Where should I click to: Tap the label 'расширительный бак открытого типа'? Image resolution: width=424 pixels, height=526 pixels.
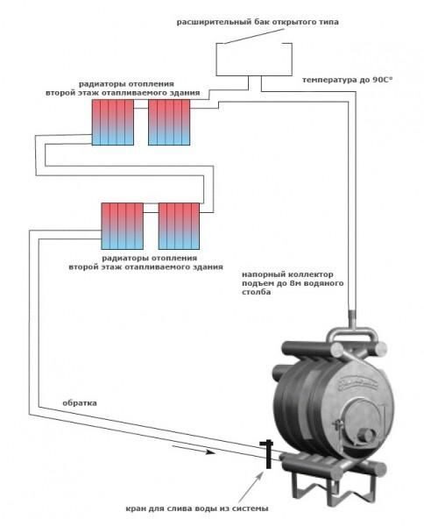point(258,22)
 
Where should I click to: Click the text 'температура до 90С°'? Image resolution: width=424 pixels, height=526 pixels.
point(347,80)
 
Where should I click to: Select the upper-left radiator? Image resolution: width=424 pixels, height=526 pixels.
point(113,122)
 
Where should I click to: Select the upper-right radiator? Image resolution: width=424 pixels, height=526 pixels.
point(169,122)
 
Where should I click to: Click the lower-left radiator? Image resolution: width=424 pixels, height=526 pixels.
point(123,226)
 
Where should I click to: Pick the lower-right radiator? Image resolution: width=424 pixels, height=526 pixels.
point(179,226)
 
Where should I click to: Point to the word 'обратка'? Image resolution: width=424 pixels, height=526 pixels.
point(80,403)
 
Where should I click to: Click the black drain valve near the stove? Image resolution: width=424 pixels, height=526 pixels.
point(268,454)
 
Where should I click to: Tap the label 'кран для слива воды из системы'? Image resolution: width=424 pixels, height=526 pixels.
point(197,508)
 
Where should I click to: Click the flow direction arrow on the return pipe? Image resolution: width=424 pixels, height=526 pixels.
point(193,449)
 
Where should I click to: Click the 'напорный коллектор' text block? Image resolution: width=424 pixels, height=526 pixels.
point(293,283)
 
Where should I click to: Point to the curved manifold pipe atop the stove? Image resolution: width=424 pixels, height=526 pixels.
point(351,332)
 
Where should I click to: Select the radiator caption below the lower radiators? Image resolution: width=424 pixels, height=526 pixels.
point(145,263)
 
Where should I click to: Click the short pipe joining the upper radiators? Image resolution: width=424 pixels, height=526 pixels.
point(141,109)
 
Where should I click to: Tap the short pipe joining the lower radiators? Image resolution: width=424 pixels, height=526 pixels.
point(151,212)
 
